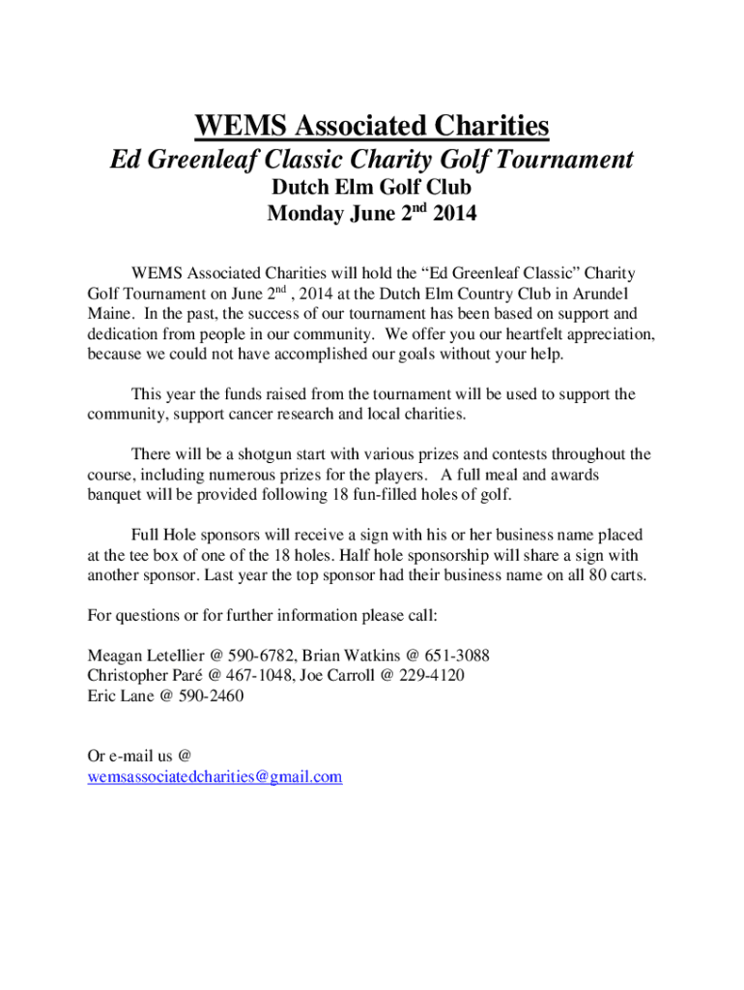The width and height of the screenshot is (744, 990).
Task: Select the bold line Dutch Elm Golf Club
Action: coord(371,188)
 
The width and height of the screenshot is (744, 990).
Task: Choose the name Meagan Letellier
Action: coord(139,655)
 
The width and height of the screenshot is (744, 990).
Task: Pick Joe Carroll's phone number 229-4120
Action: coord(432,676)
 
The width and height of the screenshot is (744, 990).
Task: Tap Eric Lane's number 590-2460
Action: coord(209,696)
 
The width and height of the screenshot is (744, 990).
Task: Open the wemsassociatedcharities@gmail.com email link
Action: coord(215,777)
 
